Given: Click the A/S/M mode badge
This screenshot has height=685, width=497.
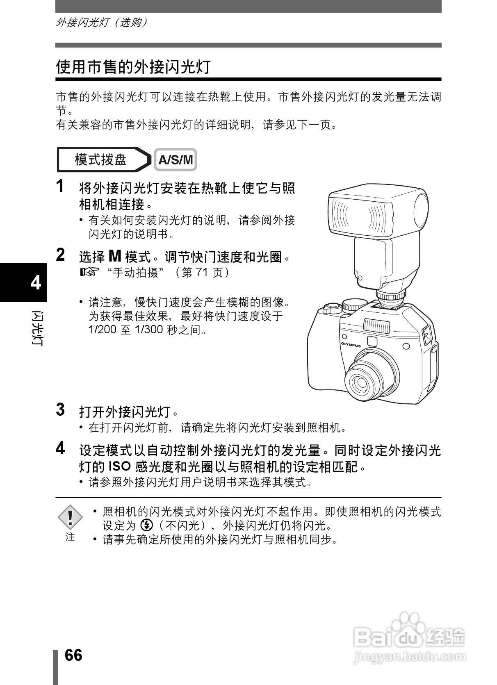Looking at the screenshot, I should click(x=176, y=160).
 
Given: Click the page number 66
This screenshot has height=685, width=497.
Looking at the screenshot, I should click(x=74, y=655).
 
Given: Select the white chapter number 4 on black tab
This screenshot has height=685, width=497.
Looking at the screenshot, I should click(x=36, y=283).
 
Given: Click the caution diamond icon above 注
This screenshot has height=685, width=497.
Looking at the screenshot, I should click(x=70, y=517).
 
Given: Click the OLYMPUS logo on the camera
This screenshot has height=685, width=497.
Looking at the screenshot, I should click(x=351, y=345).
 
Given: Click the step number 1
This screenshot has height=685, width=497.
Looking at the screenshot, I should click(x=60, y=186).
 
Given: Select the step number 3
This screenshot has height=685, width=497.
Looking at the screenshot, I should click(x=60, y=410).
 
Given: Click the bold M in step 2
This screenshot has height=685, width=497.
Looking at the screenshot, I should click(x=115, y=257).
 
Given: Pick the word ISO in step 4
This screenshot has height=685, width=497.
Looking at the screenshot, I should click(x=119, y=466).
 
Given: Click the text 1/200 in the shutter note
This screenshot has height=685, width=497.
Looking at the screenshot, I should click(x=103, y=330).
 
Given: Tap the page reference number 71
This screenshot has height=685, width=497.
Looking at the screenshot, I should click(x=201, y=273).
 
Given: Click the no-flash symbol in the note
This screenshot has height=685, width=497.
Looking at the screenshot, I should click(x=146, y=525).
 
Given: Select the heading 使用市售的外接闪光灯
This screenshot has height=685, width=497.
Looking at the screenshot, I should click(x=133, y=67).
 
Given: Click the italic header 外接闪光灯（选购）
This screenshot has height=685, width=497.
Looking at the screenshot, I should click(x=101, y=22).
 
